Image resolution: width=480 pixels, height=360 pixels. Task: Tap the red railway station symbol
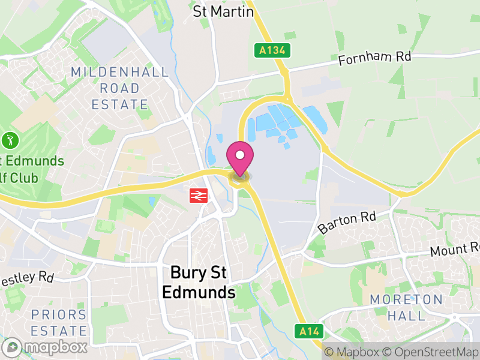[198, 195]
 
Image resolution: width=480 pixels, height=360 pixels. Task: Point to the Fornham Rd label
[374, 59]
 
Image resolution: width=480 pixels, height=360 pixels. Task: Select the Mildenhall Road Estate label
[119, 88]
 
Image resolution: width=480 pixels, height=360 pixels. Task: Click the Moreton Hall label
[406, 307]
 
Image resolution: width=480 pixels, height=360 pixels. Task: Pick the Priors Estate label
[59, 322]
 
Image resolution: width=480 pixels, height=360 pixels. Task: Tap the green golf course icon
[10, 141]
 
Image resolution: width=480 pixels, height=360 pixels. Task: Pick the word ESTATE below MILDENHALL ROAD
[119, 104]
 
